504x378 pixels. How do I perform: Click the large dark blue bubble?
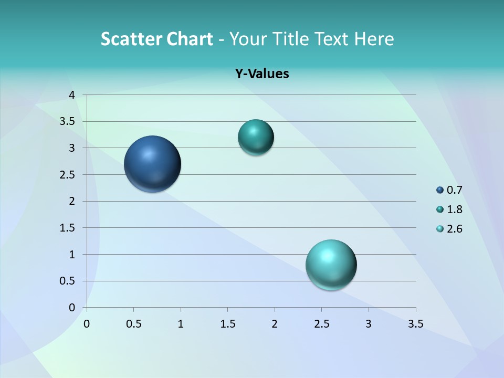pyautogui.click(x=153, y=164)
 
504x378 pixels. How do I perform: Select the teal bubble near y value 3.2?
pyautogui.click(x=256, y=137)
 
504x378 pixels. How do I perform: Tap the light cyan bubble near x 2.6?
pyautogui.click(x=331, y=265)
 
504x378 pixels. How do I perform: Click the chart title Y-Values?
pyautogui.click(x=262, y=73)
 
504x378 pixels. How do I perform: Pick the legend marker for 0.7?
pyautogui.click(x=440, y=190)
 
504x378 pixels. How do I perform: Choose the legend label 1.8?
pyautogui.click(x=455, y=209)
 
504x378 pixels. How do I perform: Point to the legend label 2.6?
pyautogui.click(x=455, y=229)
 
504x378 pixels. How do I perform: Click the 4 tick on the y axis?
pyautogui.click(x=72, y=95)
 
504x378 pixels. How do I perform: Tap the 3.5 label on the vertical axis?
pyautogui.click(x=68, y=121)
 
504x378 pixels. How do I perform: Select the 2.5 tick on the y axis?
pyautogui.click(x=68, y=175)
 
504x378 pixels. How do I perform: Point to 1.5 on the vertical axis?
pyautogui.click(x=68, y=228)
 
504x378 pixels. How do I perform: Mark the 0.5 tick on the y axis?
pyautogui.click(x=68, y=281)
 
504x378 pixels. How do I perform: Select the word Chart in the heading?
pyautogui.click(x=190, y=39)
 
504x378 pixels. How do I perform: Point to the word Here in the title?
pyautogui.click(x=374, y=39)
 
